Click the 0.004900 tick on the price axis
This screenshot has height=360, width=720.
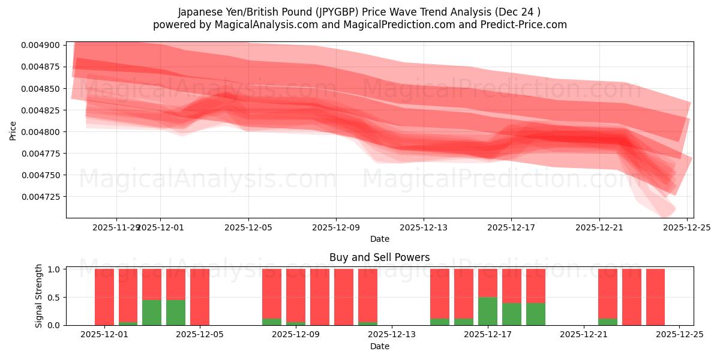tap(40, 46)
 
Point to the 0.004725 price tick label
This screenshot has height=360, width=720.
tap(40, 197)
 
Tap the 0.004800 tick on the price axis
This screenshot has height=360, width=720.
tap(40, 132)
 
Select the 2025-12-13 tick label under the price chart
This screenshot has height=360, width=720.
tap(423, 228)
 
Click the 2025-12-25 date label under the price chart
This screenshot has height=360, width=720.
tap(686, 228)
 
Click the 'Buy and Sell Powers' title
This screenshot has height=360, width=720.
tap(379, 257)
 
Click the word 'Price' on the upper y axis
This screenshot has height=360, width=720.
tap(13, 130)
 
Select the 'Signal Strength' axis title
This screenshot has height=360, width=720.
tap(39, 296)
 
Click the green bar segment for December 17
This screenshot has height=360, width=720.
tap(488, 311)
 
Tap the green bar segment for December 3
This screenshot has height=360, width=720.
tap(152, 312)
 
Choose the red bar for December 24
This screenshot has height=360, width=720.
tap(655, 297)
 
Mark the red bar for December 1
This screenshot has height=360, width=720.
tap(104, 297)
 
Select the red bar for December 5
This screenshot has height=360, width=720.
tap(200, 297)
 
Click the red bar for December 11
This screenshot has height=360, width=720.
tap(344, 297)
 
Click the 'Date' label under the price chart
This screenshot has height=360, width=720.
tap(379, 239)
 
